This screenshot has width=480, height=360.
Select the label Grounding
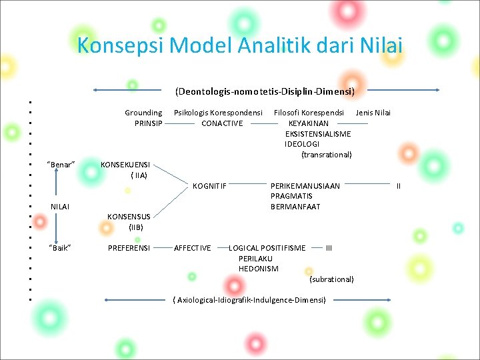143,113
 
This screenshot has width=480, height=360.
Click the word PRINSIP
148,123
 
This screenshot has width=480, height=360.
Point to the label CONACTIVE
222,123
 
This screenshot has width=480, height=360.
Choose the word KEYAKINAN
309,123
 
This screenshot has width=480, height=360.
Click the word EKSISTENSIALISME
318,134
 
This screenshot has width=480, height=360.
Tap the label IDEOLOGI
302,144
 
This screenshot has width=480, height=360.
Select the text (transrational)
327,155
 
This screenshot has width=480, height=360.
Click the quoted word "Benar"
61,165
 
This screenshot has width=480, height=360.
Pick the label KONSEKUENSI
125,165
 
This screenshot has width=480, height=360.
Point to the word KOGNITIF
209,186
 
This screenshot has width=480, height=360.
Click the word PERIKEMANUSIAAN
305,186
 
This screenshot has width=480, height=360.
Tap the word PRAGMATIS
291,196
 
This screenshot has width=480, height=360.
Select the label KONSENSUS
129,217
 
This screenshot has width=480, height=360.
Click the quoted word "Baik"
60,248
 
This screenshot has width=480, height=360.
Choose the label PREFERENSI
129,248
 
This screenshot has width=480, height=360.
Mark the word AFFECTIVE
193,248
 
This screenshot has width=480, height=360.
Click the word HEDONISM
259,269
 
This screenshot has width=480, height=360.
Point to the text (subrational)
332,279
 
